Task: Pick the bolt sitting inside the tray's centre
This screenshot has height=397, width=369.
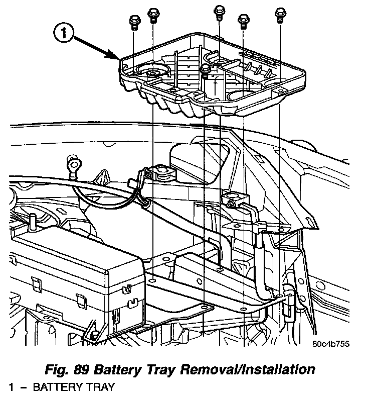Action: [205, 68]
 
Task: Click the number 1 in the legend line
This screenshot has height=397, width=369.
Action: [11, 387]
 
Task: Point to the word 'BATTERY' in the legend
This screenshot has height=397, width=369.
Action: [53, 387]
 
